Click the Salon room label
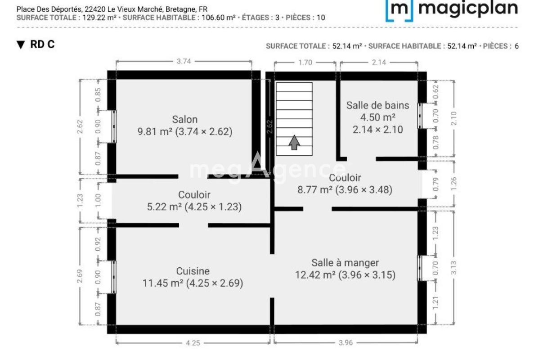tap(185, 120)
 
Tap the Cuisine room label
tap(193, 271)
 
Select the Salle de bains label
tap(378, 105)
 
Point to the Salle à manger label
tap(345, 263)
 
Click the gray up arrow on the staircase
tap(294, 143)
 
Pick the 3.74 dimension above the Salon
tap(184, 61)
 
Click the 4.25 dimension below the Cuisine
tap(193, 343)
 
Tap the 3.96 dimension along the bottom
tap(346, 342)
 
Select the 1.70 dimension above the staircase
tap(305, 63)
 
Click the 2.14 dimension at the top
tap(379, 62)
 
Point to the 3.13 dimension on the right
tap(453, 268)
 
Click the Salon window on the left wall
tap(114, 126)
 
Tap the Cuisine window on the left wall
tap(114, 277)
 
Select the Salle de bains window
tap(420, 116)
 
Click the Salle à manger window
tap(420, 268)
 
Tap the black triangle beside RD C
tap(21, 45)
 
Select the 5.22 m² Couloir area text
tap(164, 207)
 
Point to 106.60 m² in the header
tap(218, 18)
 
